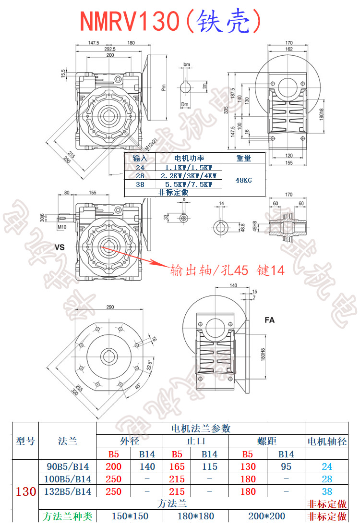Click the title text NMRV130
point(129,21)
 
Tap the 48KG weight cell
point(243,180)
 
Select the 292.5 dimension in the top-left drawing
point(110,49)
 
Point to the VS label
point(60,248)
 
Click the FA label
point(270,319)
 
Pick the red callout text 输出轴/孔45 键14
point(227,270)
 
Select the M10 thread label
point(62,227)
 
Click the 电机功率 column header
point(189,158)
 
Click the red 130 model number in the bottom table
point(26,491)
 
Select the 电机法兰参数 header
point(201,429)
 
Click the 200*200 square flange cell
point(267,516)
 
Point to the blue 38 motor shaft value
point(327,491)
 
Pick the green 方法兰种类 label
point(67,516)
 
